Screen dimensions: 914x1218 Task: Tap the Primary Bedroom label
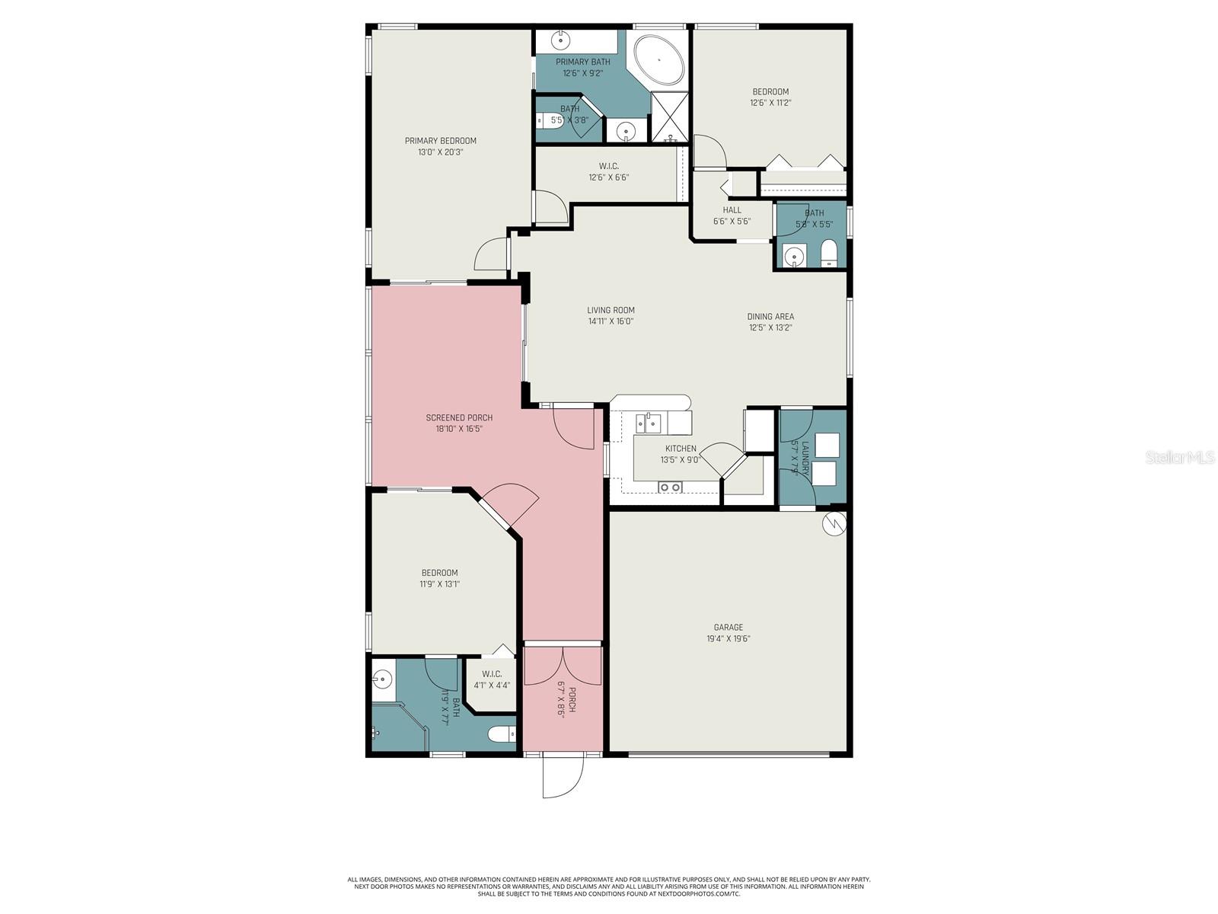(440, 141)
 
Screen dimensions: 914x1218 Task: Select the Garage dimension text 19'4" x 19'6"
(728, 639)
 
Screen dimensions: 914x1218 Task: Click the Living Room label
(611, 310)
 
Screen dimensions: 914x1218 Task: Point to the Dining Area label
(770, 316)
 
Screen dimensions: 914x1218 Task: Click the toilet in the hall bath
(829, 253)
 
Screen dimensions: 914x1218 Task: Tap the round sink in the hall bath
(794, 257)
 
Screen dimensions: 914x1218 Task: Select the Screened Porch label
(459, 417)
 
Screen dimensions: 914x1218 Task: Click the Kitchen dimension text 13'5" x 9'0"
(680, 460)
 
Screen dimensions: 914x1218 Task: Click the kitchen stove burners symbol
(670, 487)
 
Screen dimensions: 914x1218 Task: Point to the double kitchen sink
(649, 422)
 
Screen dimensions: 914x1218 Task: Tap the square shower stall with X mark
(670, 117)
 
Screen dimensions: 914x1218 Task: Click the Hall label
(732, 210)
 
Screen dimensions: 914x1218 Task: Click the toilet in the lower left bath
(502, 734)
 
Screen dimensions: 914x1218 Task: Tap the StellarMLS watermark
(1180, 458)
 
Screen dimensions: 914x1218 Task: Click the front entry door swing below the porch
(563, 775)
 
